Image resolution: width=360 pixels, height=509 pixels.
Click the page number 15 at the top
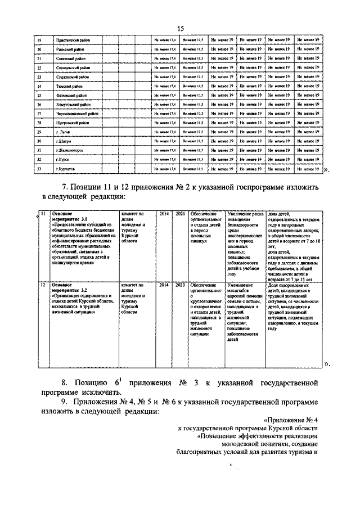pos(181,29)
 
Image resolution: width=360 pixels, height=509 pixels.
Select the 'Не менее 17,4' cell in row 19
pos(165,40)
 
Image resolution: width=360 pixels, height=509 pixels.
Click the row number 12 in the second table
pos(42,285)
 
